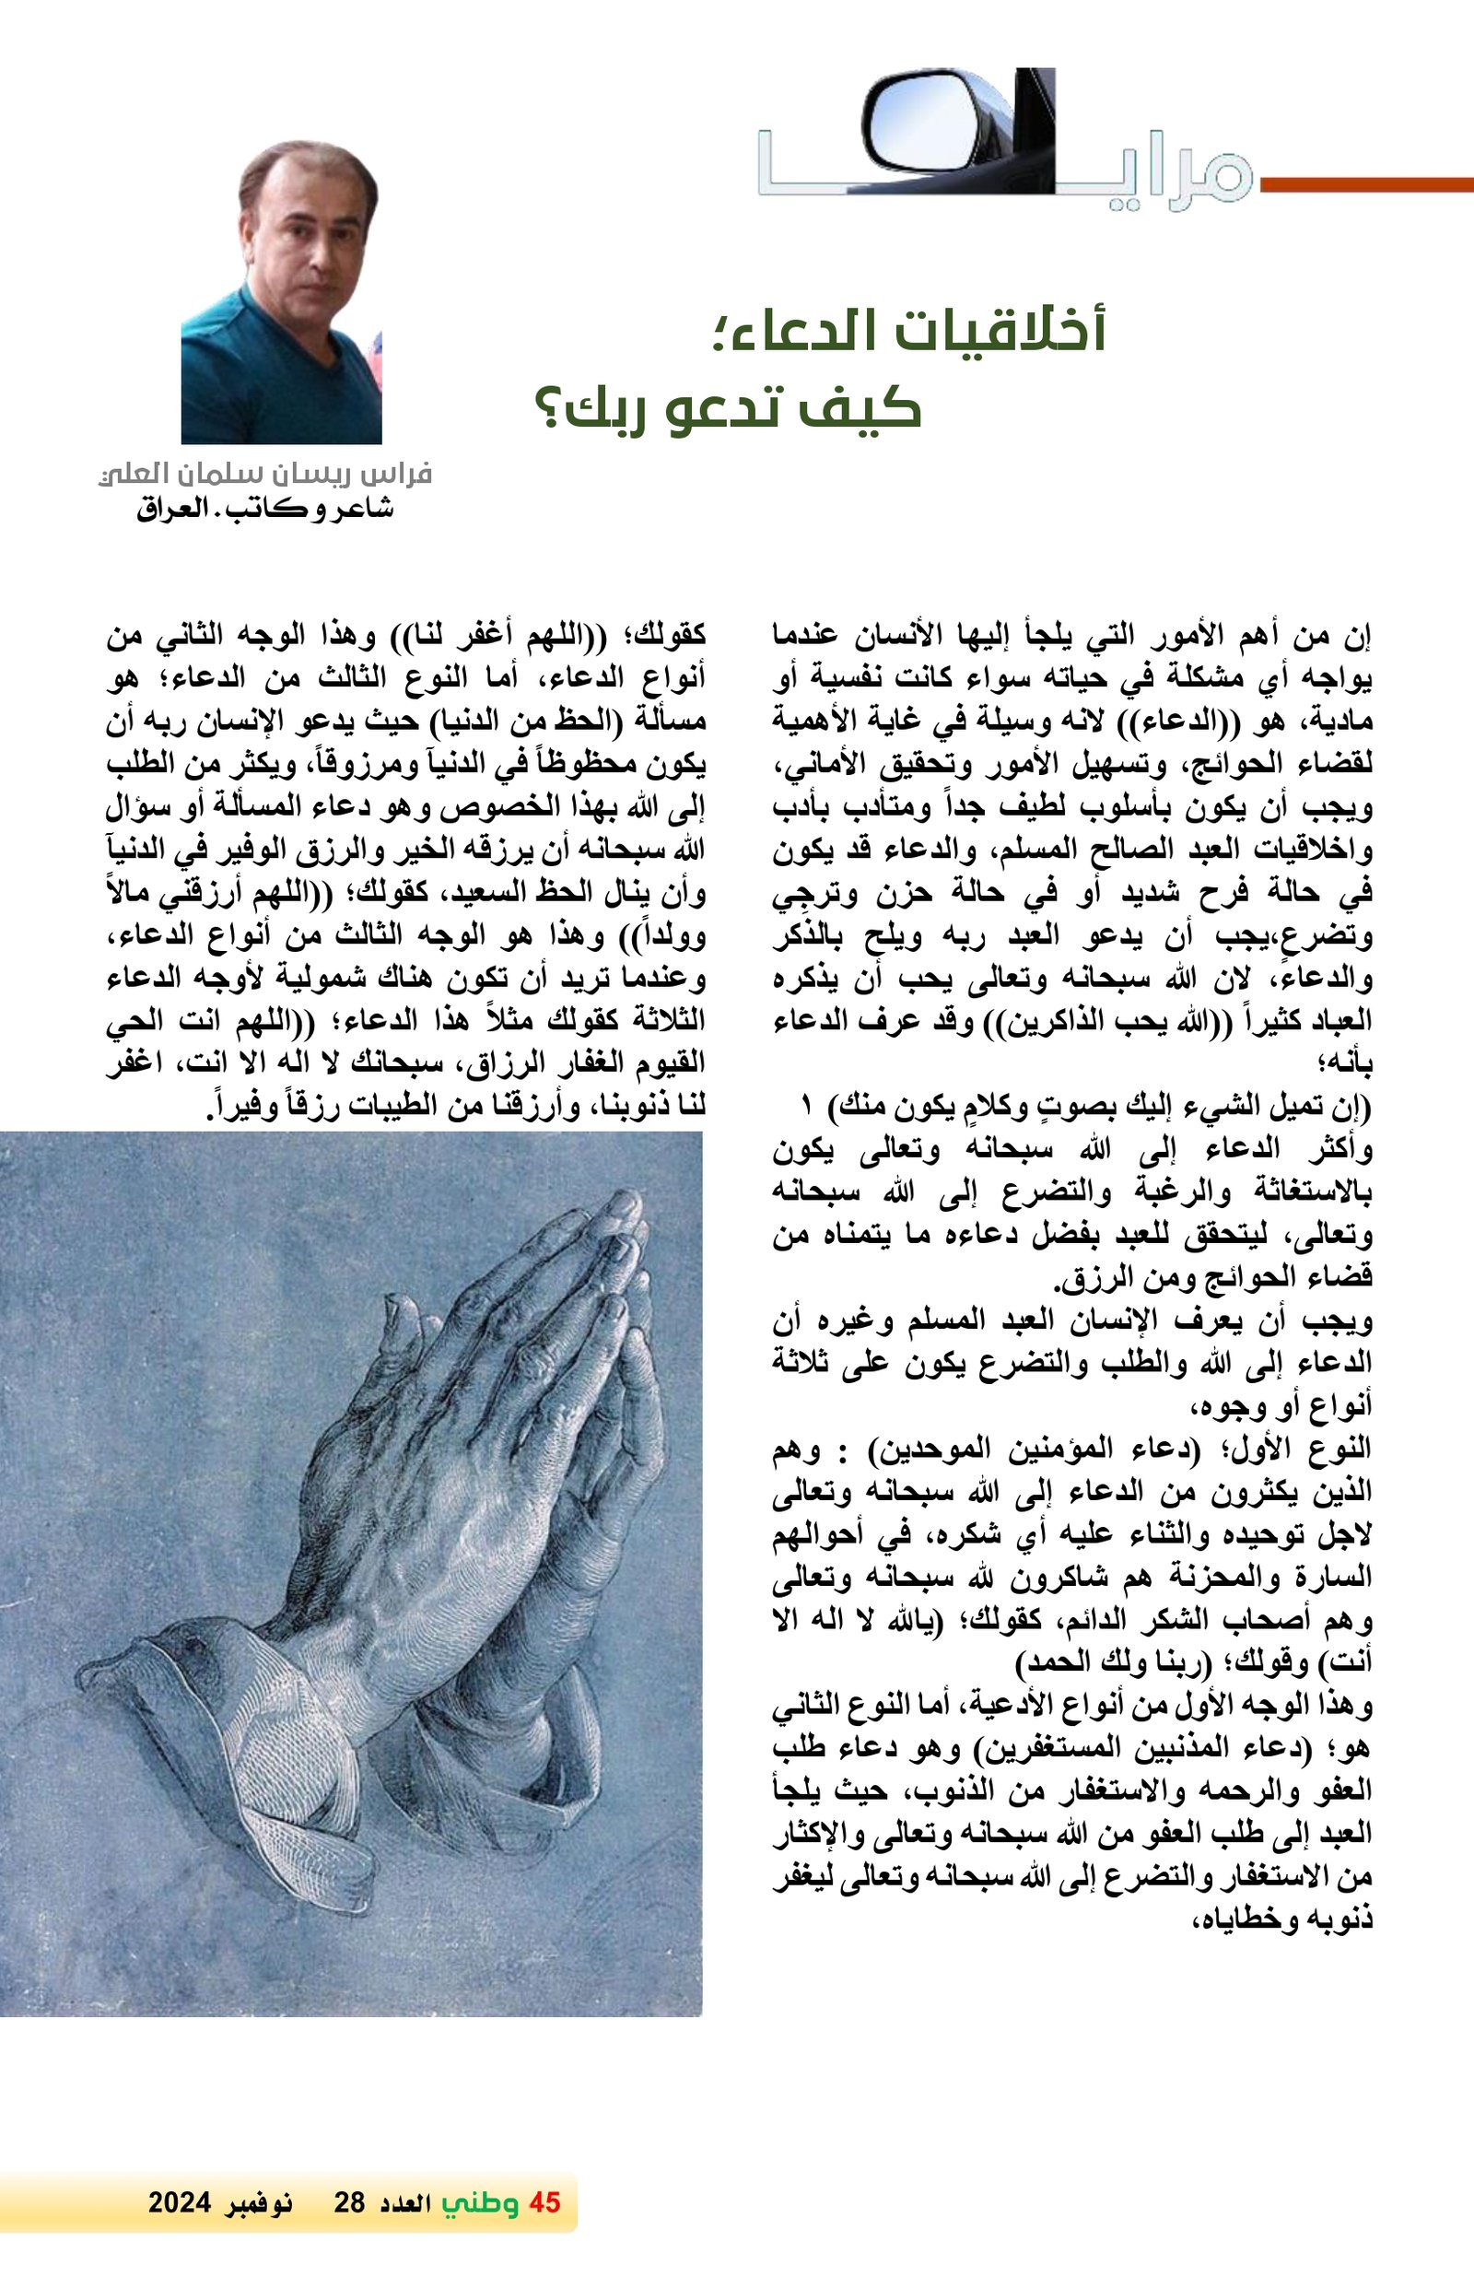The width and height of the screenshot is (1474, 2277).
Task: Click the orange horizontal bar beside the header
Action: (1368, 184)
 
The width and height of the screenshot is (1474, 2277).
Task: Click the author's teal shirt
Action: (277, 382)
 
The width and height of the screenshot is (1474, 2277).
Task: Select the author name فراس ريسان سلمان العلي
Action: (266, 474)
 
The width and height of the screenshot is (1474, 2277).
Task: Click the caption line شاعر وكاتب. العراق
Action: (265, 509)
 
